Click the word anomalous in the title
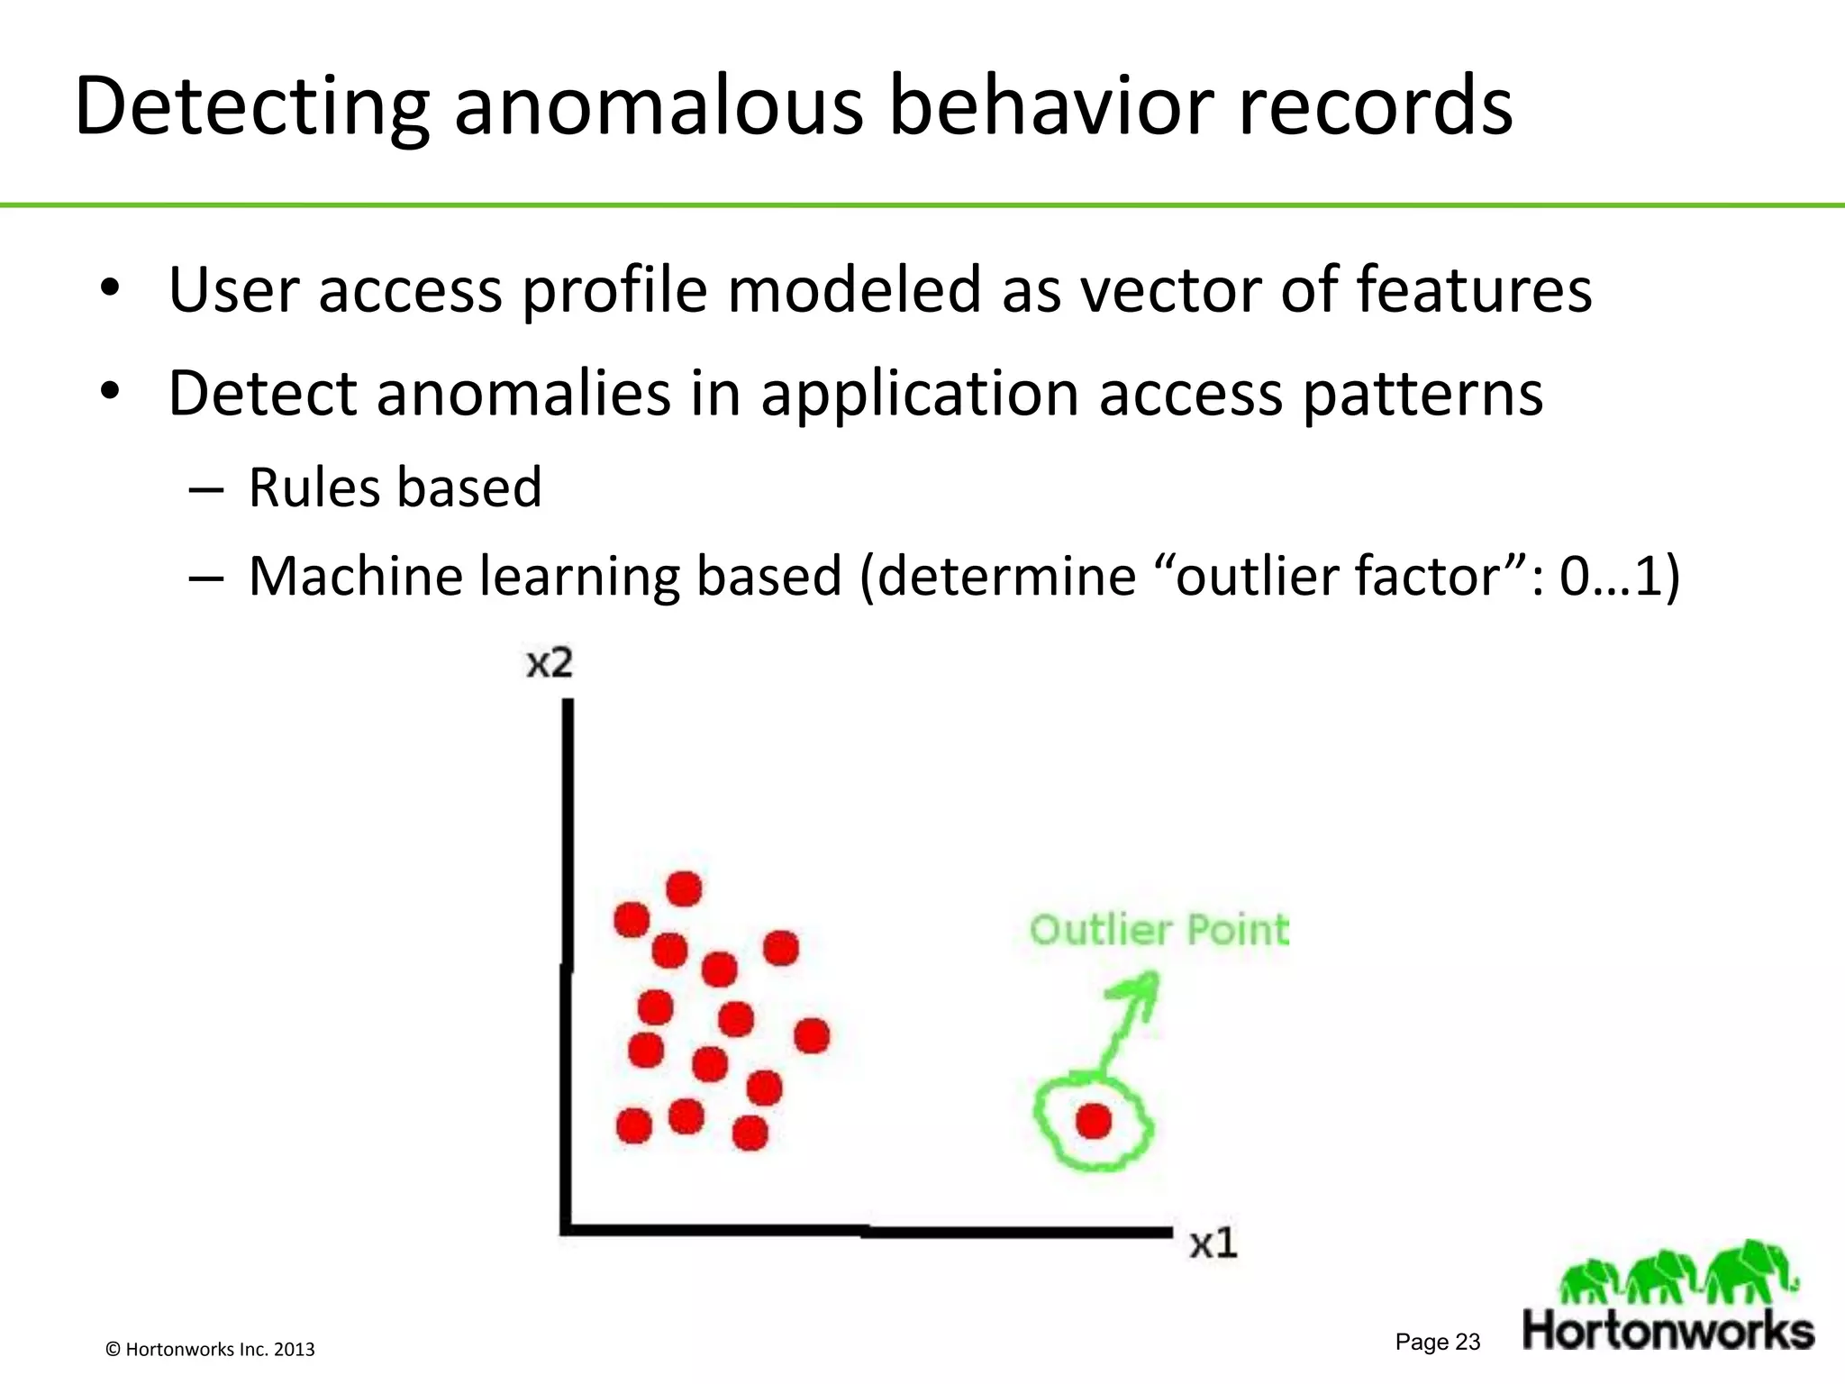click(658, 106)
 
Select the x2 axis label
click(549, 663)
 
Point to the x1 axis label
click(1213, 1244)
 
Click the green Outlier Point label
click(1159, 930)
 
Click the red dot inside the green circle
click(1094, 1122)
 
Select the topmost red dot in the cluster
click(684, 889)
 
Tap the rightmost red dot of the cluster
click(812, 1036)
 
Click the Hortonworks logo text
click(1668, 1331)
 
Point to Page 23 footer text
click(1437, 1342)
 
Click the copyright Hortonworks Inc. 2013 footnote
click(210, 1349)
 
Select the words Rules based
click(395, 487)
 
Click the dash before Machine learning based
click(206, 578)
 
